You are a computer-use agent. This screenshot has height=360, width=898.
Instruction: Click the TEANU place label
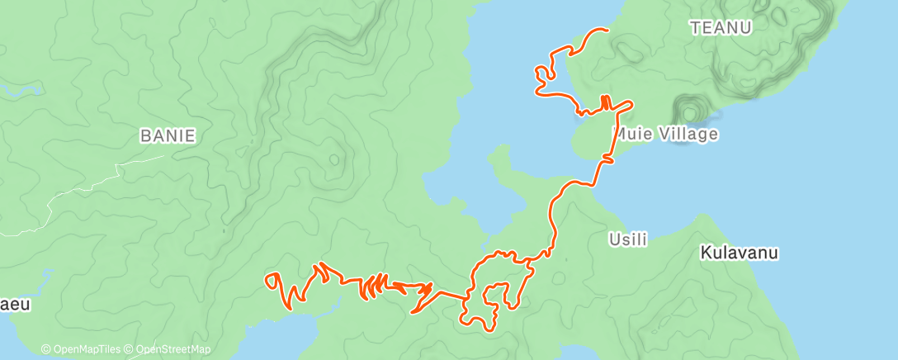[721, 28]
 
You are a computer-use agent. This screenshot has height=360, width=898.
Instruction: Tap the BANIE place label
[168, 136]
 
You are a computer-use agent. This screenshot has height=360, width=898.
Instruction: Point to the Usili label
[627, 239]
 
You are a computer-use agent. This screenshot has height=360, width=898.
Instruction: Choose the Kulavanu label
[740, 252]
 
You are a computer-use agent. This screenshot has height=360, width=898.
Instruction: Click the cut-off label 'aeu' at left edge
[15, 305]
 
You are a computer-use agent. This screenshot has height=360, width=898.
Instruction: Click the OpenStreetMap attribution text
[172, 349]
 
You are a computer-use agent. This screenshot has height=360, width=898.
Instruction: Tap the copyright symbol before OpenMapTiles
[46, 349]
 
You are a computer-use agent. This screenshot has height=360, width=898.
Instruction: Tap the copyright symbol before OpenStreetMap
[130, 349]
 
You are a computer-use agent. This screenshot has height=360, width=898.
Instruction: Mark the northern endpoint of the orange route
[607, 30]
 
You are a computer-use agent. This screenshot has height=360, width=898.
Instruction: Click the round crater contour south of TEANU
[688, 110]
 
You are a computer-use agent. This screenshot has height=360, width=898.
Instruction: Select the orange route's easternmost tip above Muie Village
[632, 104]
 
